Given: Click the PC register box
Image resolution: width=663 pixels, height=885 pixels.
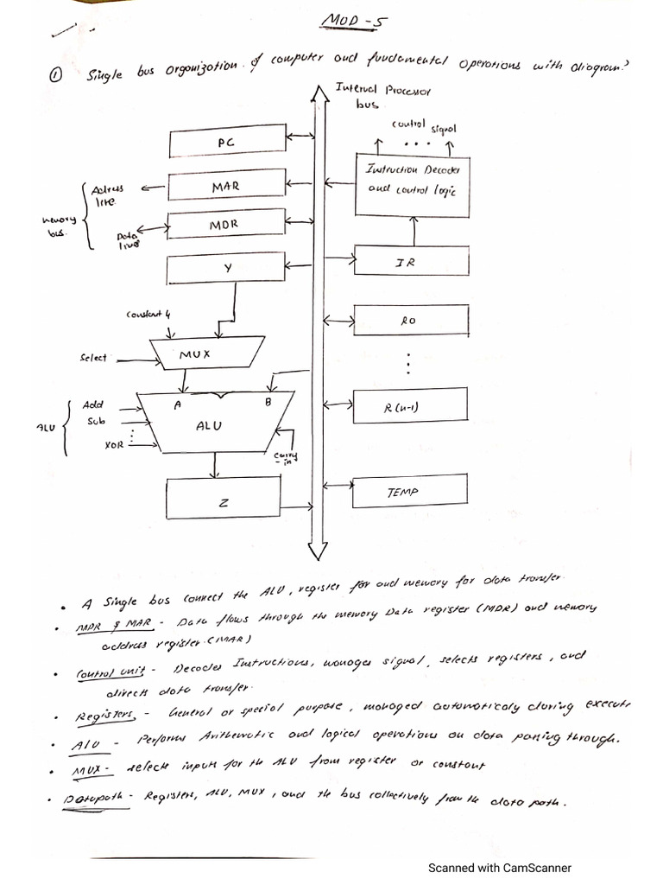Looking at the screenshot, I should (x=226, y=141).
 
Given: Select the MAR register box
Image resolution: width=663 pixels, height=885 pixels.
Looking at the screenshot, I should (x=226, y=185).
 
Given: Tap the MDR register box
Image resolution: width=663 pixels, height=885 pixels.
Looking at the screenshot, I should (x=226, y=225).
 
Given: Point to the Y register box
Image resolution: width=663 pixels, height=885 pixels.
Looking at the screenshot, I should (x=226, y=269).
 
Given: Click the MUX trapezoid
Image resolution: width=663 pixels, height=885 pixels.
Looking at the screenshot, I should (x=193, y=353).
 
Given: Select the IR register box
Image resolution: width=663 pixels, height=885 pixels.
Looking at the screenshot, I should (x=410, y=262).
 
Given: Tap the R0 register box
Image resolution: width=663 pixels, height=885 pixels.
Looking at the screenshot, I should (x=410, y=320).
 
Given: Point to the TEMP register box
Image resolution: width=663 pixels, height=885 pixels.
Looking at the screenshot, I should (x=410, y=491).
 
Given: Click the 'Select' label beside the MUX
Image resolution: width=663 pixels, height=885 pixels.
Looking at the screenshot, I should (x=92, y=356).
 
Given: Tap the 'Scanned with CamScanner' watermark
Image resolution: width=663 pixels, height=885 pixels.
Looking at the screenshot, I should (x=500, y=868).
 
